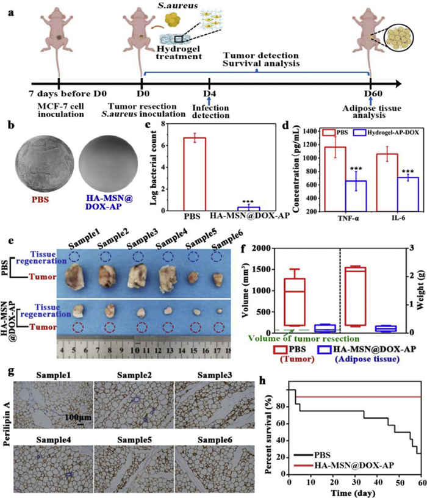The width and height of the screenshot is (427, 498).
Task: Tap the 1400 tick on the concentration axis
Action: click(308, 131)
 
